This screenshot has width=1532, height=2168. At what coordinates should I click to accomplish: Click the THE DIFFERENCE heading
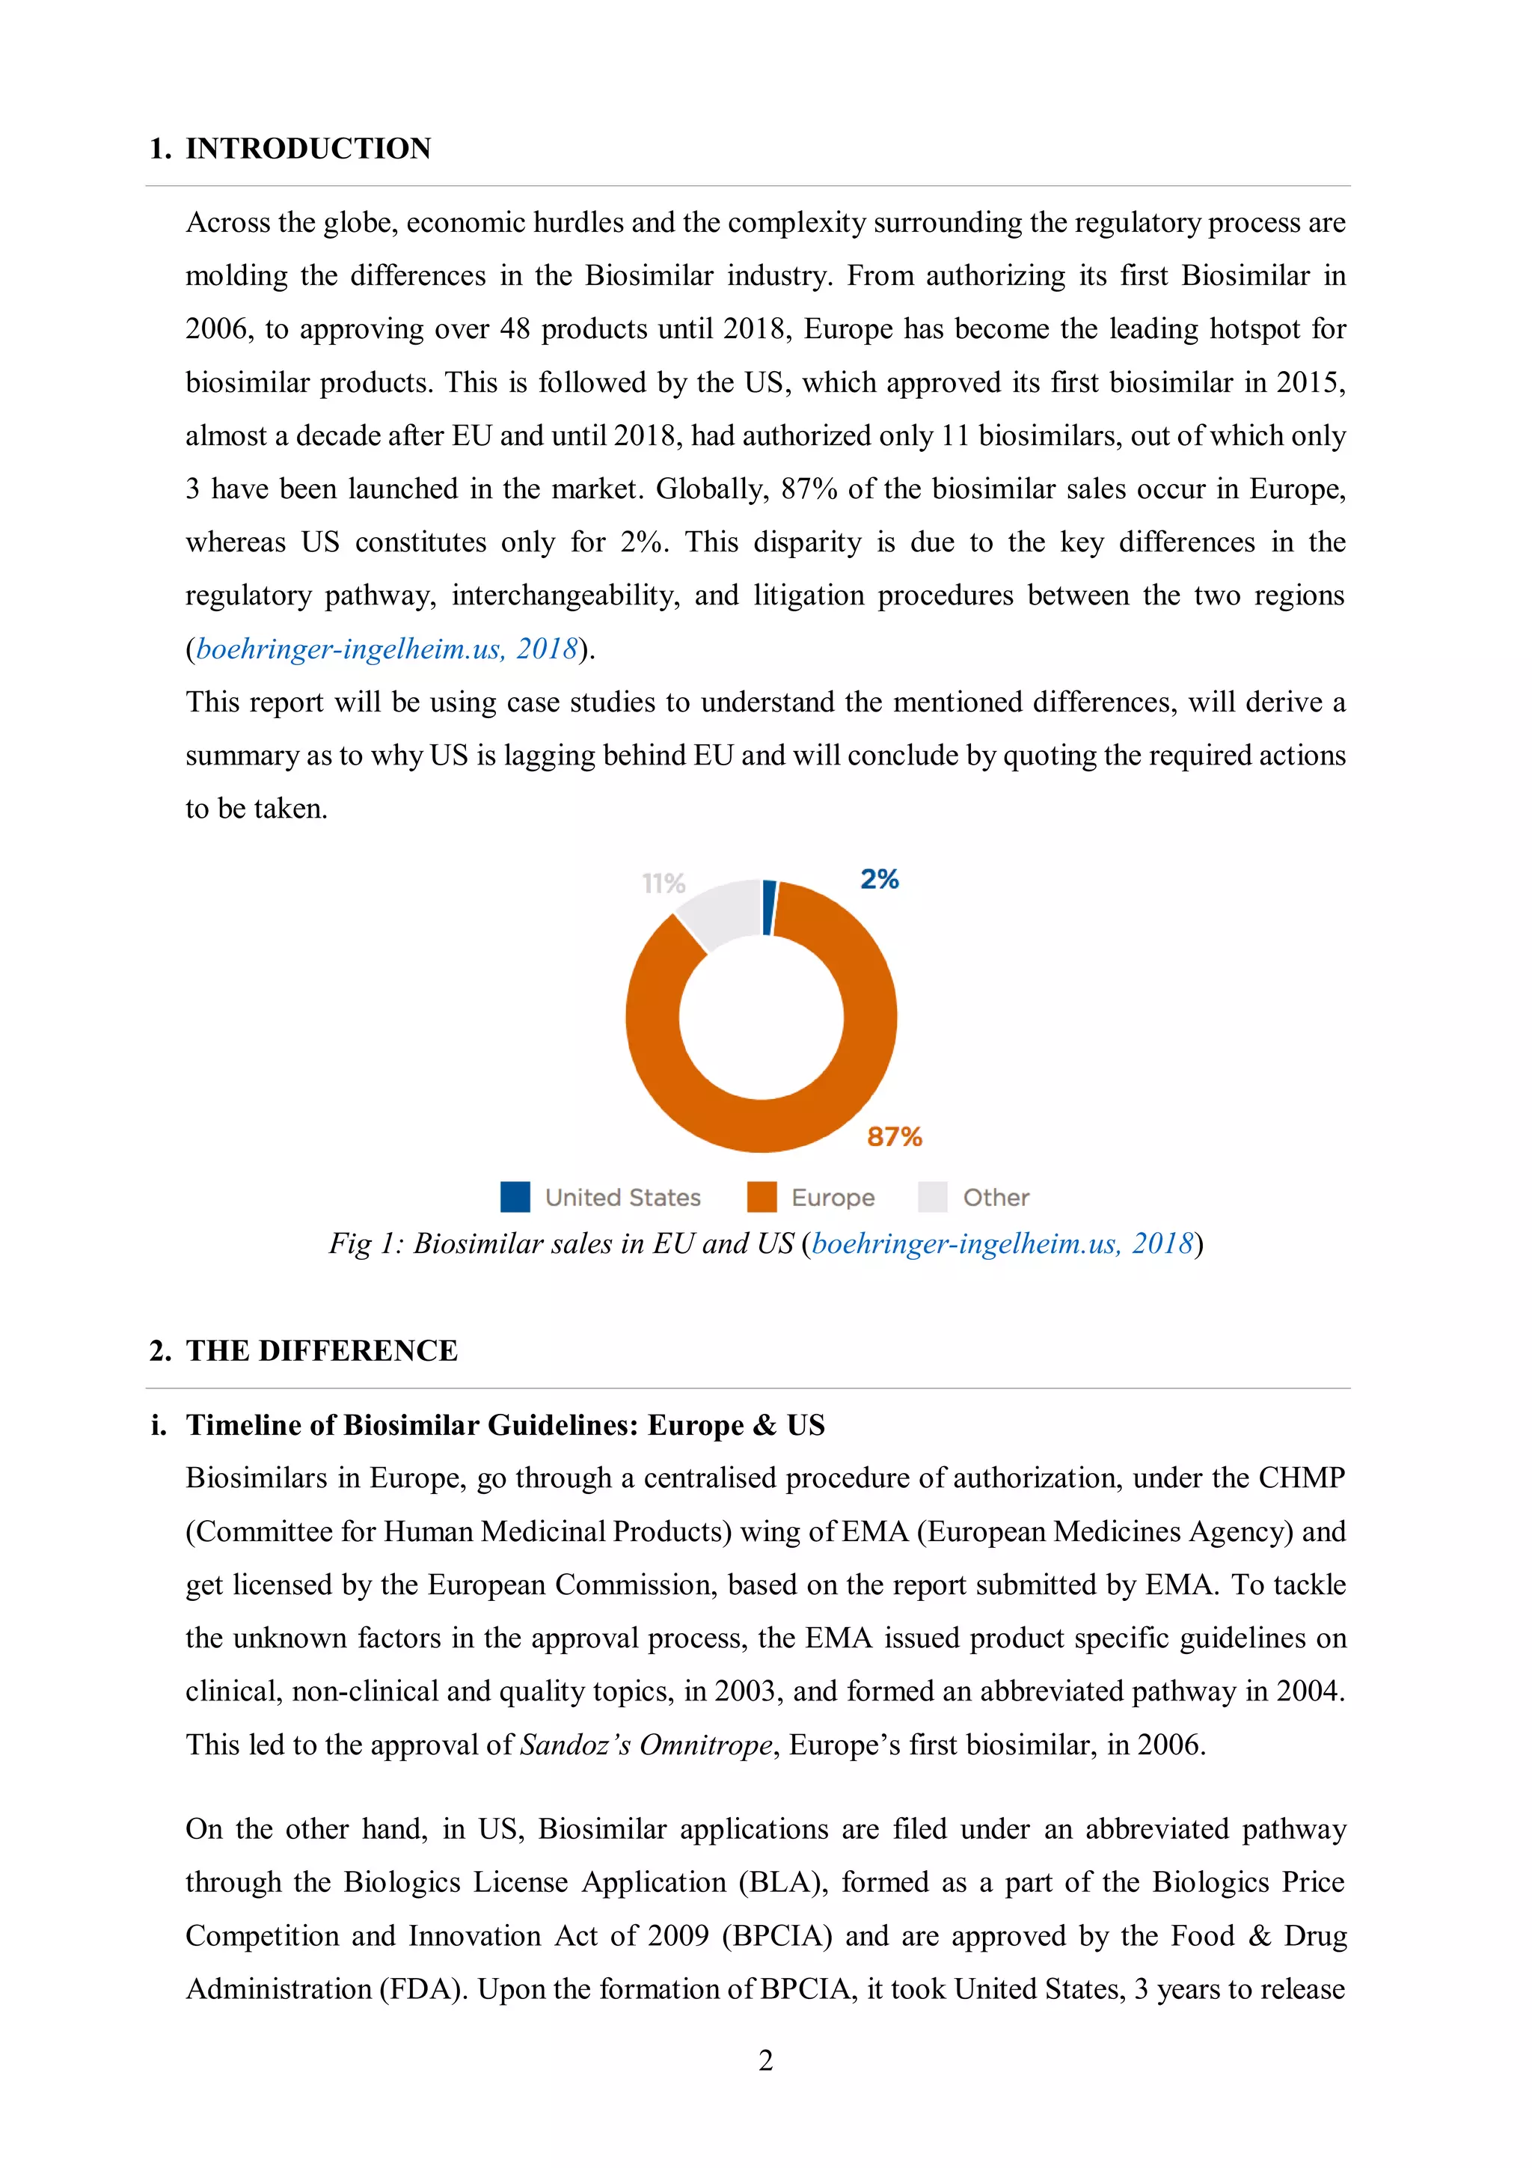(321, 1350)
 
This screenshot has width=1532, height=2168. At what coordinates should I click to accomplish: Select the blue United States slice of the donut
(769, 907)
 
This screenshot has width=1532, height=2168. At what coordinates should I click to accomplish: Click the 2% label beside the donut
(879, 879)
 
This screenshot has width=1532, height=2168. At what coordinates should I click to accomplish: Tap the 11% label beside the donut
(663, 883)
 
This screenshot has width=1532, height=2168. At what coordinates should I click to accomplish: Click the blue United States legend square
(515, 1196)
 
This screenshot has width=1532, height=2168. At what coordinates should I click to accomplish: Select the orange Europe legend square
(761, 1196)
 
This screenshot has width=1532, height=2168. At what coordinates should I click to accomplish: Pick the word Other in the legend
(995, 1197)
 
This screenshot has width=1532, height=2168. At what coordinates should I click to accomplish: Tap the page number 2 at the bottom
(765, 2060)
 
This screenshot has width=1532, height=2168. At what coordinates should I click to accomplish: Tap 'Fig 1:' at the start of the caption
(367, 1243)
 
